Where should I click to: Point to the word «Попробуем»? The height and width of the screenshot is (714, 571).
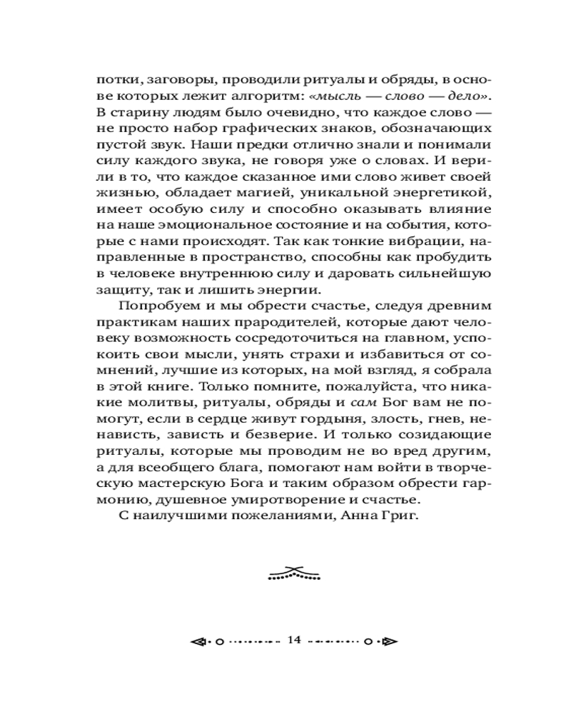(156, 306)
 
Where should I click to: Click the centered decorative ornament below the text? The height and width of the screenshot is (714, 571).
(294, 573)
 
